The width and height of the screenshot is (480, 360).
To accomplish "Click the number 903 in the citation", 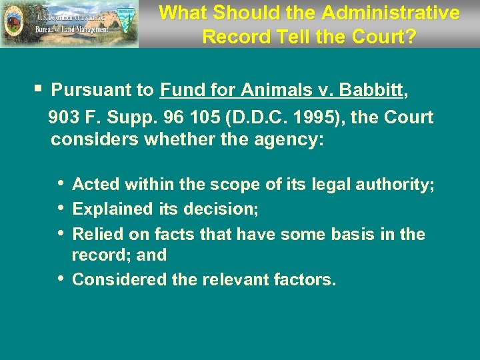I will click(x=66, y=118).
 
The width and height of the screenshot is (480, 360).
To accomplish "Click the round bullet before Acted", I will click(x=61, y=183).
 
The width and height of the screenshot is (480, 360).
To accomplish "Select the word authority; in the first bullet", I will click(x=395, y=185).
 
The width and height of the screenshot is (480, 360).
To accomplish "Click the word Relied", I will click(x=95, y=234).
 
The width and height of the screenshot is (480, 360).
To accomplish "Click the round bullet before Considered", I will click(x=61, y=278).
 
